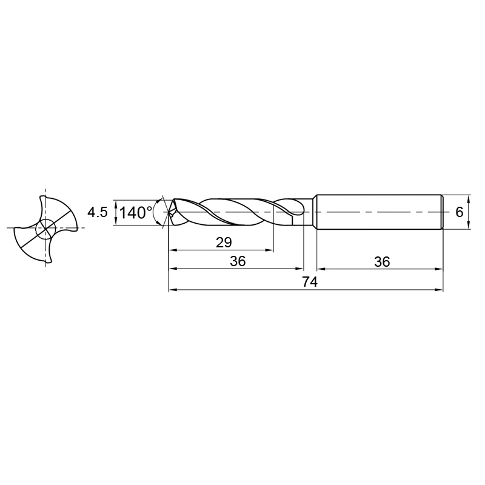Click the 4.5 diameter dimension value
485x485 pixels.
pyautogui.click(x=98, y=213)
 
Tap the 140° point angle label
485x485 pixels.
pyautogui.click(x=136, y=213)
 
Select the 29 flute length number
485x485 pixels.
pyautogui.click(x=224, y=242)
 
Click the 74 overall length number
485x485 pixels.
pyautogui.click(x=310, y=282)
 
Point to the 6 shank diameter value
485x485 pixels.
pyautogui.click(x=460, y=212)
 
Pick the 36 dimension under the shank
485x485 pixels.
pyautogui.click(x=383, y=262)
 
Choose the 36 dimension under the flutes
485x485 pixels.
pyautogui.click(x=238, y=261)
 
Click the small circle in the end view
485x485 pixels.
pyautogui.click(x=45, y=229)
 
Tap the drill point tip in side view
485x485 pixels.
pyautogui.click(x=169, y=212)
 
